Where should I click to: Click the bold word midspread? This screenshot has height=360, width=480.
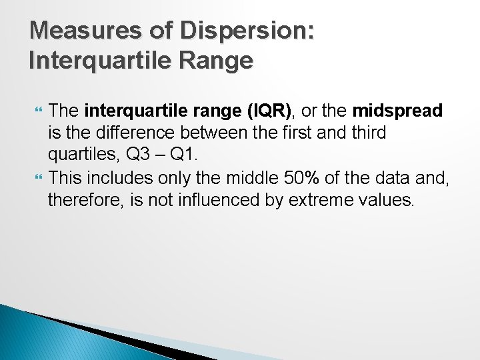coord(397,111)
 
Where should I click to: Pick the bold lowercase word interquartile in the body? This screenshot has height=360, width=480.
coord(127,111)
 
